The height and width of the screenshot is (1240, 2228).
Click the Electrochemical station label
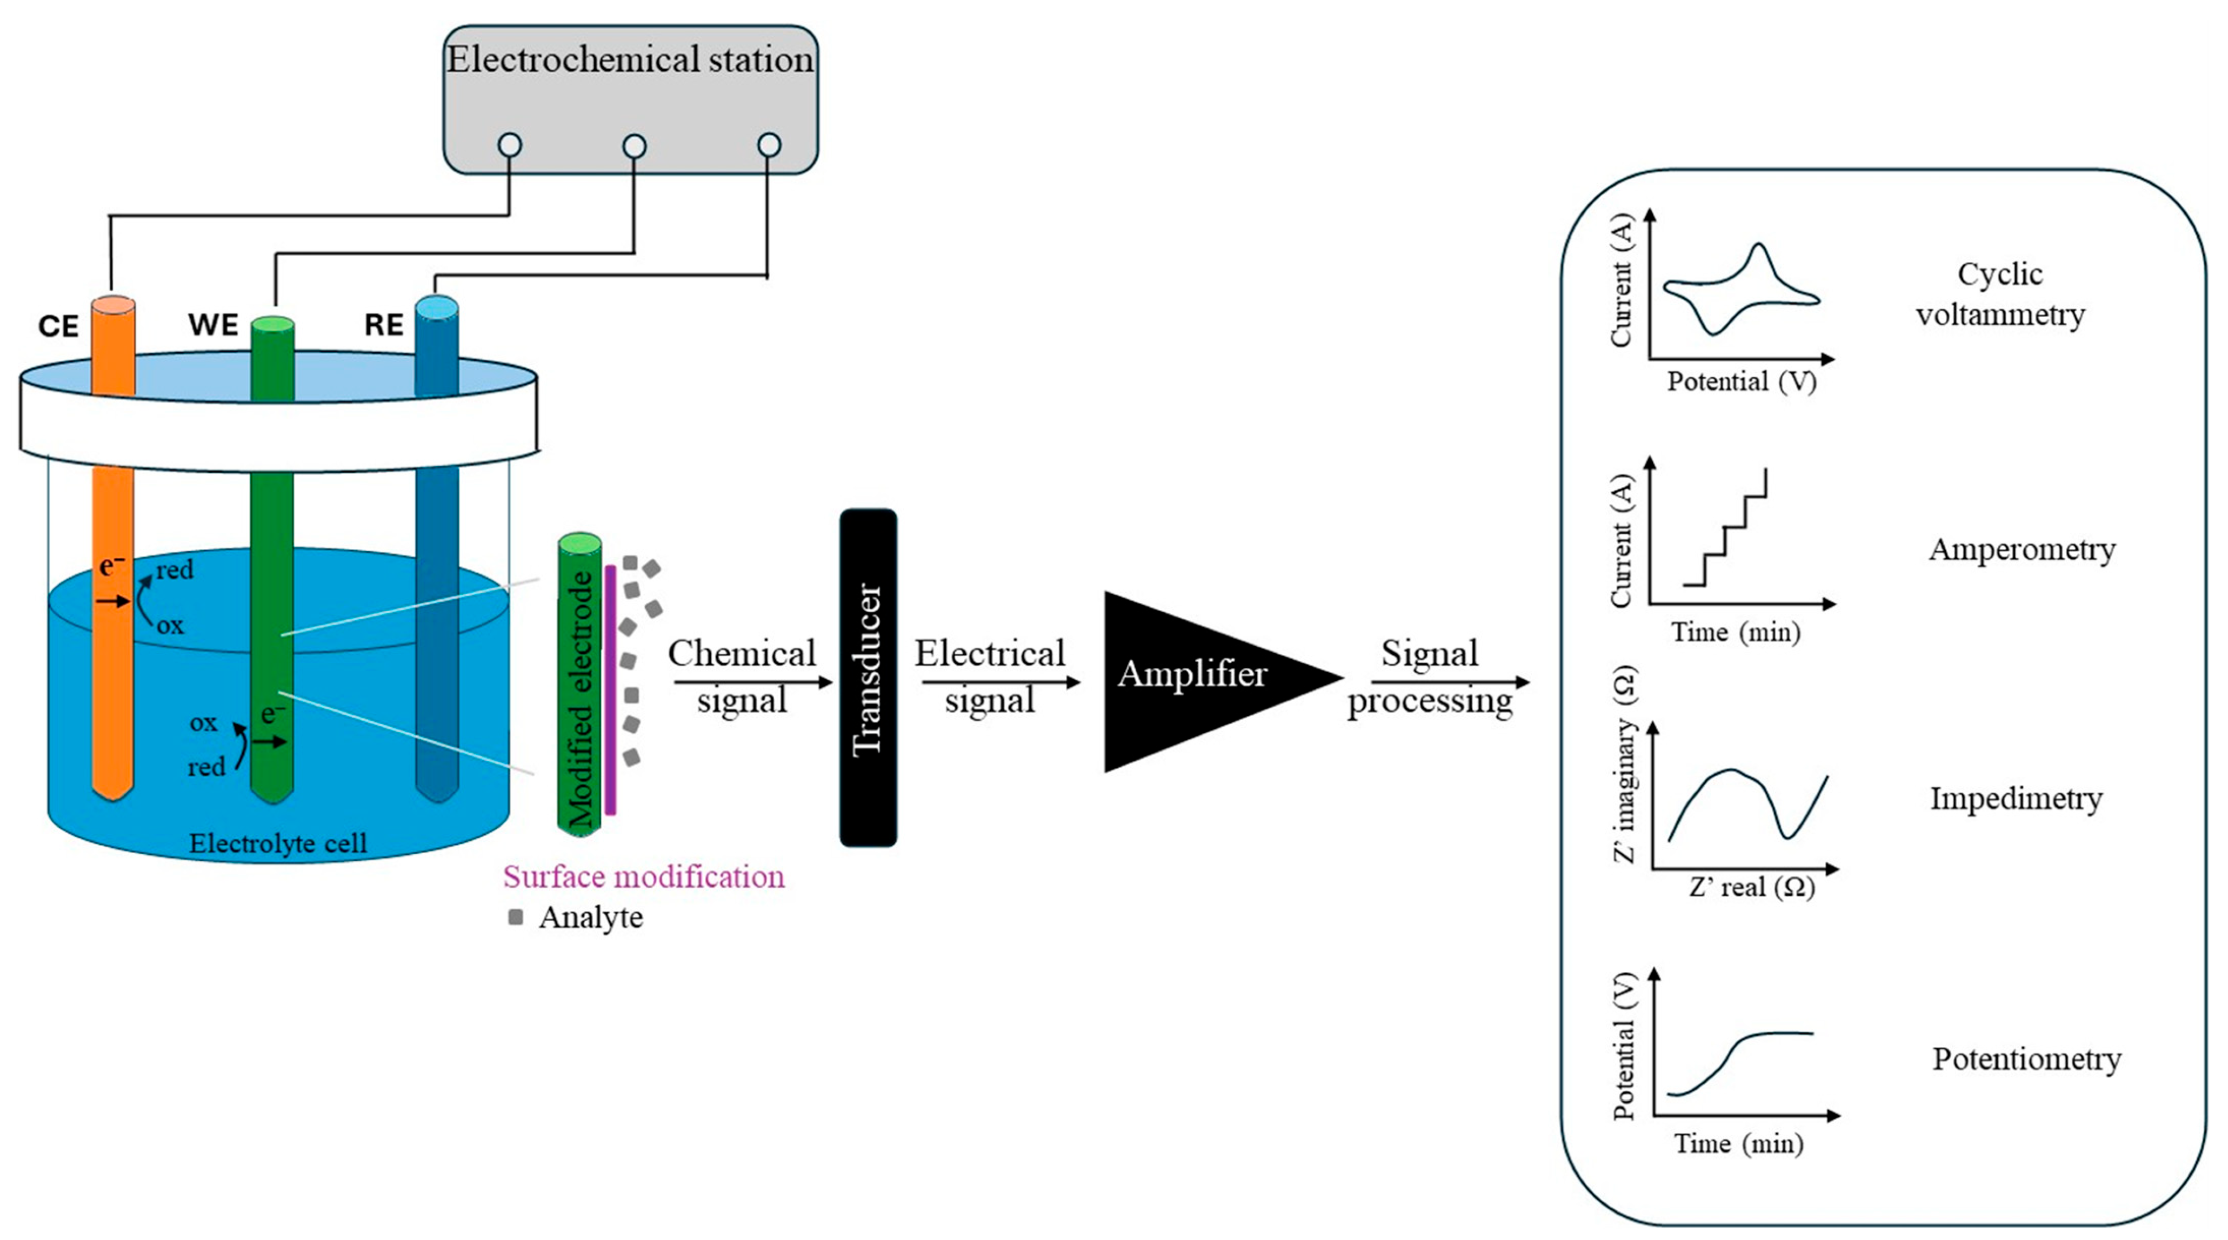[630, 59]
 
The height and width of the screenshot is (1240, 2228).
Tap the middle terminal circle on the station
[634, 146]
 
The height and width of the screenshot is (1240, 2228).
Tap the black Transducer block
[869, 677]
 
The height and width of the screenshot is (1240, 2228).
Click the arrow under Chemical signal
[752, 682]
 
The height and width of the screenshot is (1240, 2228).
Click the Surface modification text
[644, 877]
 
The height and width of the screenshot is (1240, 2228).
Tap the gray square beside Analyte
[516, 916]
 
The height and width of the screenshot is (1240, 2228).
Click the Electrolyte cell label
[278, 842]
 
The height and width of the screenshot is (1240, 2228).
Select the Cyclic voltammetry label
[2000, 294]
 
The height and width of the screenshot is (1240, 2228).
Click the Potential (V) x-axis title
[1741, 381]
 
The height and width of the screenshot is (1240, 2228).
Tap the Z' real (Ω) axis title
[1751, 887]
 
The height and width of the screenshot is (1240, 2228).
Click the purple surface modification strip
[611, 690]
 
